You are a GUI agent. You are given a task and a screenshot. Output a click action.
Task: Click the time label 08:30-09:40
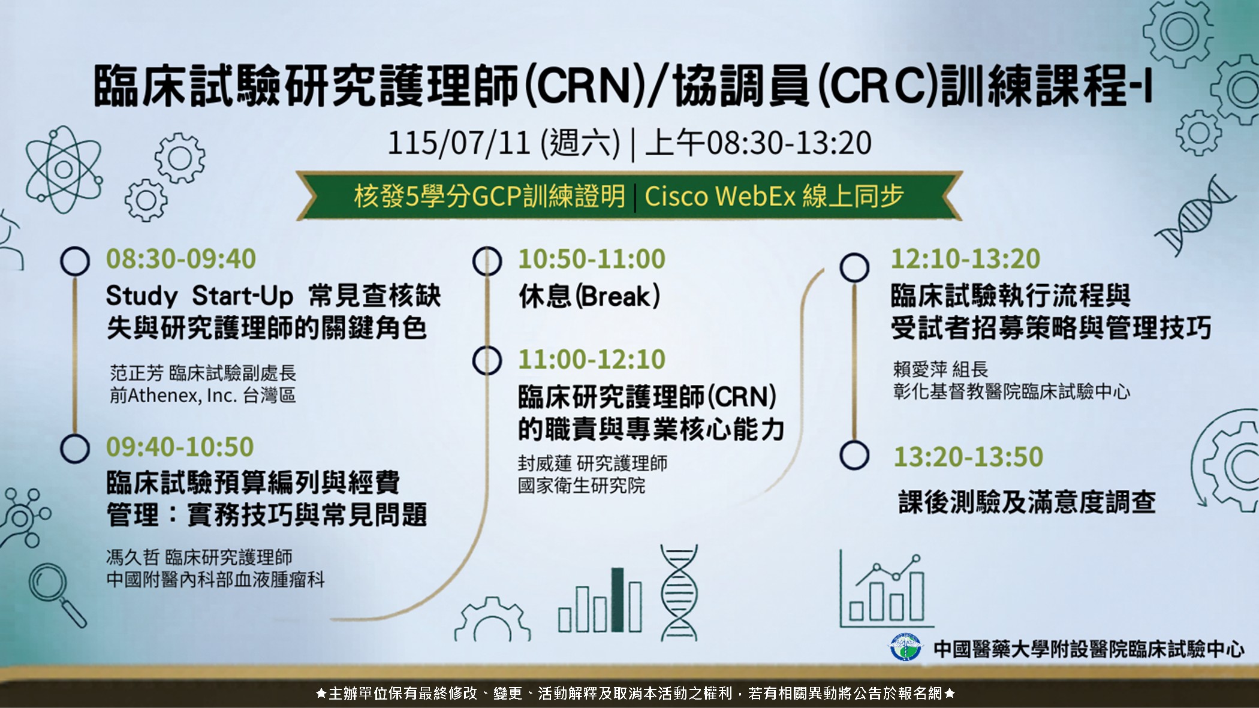click(x=181, y=259)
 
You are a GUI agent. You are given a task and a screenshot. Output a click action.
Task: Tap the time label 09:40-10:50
click(x=180, y=447)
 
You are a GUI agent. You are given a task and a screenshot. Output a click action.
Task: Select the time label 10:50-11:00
click(x=592, y=259)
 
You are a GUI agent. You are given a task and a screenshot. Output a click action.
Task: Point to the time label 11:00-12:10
click(x=592, y=359)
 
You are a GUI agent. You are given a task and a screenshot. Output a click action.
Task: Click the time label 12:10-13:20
click(x=966, y=259)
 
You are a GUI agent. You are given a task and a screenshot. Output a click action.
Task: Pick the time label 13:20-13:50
click(x=968, y=457)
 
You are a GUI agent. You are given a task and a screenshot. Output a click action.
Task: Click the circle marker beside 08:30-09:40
click(x=75, y=261)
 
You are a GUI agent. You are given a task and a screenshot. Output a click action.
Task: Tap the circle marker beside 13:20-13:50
click(x=854, y=455)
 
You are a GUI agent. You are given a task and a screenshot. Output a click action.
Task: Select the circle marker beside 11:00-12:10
click(x=487, y=360)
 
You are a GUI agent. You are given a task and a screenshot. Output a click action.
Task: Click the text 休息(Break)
click(x=589, y=296)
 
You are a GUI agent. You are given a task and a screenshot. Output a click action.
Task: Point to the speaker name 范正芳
click(x=137, y=373)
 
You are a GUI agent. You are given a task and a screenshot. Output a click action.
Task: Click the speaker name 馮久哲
click(x=132, y=558)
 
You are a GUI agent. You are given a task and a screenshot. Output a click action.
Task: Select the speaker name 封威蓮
click(x=544, y=463)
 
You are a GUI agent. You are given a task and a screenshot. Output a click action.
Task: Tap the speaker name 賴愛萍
click(x=920, y=369)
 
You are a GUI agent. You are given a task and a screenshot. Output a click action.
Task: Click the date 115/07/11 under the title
click(x=459, y=143)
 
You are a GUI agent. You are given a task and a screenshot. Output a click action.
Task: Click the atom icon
click(x=64, y=169)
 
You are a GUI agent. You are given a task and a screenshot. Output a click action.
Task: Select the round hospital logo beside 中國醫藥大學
click(x=905, y=647)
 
